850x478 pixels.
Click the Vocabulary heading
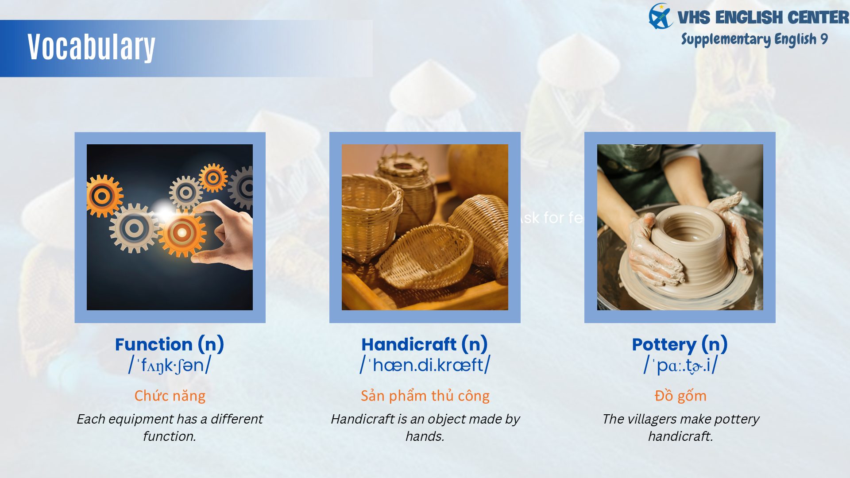[x=91, y=47]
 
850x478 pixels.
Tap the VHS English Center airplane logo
[x=661, y=16]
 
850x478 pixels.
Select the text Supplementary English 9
[x=754, y=39]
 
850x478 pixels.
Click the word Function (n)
[x=170, y=344]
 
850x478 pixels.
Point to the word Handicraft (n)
[x=425, y=344]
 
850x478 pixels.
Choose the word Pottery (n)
[x=680, y=344]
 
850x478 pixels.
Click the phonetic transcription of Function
[x=170, y=366]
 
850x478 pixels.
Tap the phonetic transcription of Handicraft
[x=425, y=365]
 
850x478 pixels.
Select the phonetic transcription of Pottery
[x=680, y=366]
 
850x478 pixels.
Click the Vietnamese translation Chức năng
[x=170, y=396]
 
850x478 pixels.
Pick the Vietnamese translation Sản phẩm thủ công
[x=425, y=396]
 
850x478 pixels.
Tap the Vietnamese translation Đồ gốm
[x=680, y=395]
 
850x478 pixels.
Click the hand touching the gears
[x=226, y=235]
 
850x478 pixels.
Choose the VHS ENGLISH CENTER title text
[x=763, y=18]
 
